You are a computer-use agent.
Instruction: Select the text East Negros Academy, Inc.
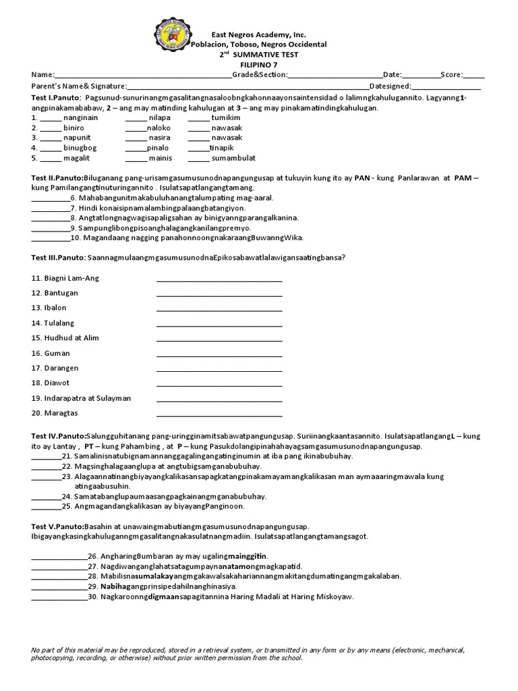point(258,34)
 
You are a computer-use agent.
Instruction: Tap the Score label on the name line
point(451,74)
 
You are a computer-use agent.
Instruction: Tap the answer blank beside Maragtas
point(219,413)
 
